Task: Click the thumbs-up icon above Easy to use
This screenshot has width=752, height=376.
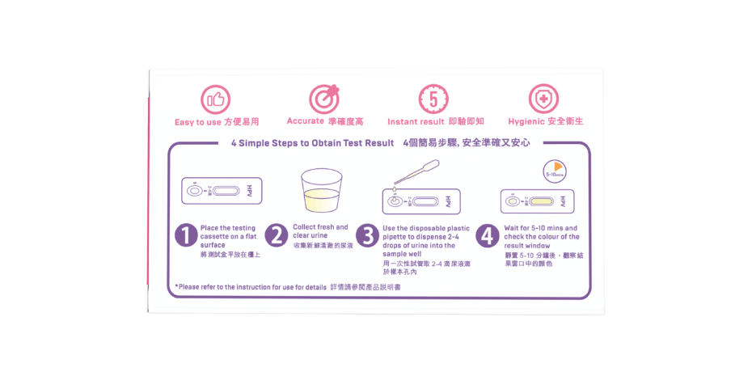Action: pos(215,99)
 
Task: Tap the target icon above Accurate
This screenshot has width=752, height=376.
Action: pos(324,99)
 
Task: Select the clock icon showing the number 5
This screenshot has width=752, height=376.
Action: pos(433,99)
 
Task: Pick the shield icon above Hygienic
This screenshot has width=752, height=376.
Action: pos(543,99)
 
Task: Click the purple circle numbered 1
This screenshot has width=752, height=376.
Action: pos(187,236)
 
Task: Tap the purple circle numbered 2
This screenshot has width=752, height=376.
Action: pos(277,236)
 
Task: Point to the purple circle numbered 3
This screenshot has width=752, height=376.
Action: pos(367,236)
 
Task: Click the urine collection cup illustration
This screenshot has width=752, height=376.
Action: pos(321,190)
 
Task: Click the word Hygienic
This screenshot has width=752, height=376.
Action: pos(526,122)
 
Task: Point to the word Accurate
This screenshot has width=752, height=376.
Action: pos(305,120)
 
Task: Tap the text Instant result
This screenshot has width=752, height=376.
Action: pos(416,122)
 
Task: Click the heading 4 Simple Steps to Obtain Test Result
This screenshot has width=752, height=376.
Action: pos(313,143)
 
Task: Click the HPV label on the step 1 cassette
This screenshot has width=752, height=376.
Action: pos(249,191)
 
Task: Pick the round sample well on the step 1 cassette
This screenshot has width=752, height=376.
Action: pos(194,191)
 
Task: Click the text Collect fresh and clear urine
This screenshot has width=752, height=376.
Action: pos(320,231)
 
